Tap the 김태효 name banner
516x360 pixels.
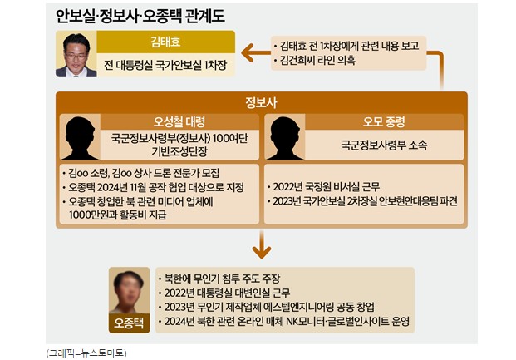click(165, 42)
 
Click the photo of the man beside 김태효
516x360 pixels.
click(76, 55)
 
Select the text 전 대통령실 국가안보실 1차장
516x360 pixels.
click(165, 66)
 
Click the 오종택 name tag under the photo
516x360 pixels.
click(130, 324)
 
